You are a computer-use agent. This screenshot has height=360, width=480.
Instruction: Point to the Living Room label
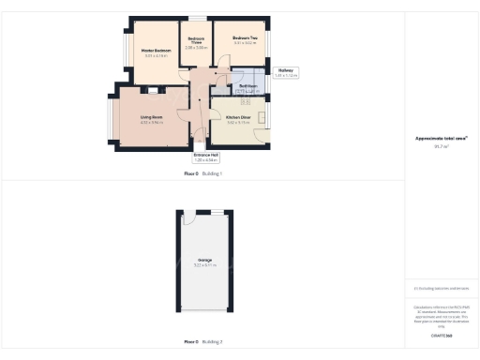click(151, 117)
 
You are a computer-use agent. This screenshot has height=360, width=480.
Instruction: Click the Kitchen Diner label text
click(239, 117)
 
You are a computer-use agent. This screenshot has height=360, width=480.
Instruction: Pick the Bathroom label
click(247, 86)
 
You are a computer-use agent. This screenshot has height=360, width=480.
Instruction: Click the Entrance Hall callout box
click(205, 157)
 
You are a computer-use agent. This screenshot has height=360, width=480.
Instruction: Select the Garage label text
click(204, 260)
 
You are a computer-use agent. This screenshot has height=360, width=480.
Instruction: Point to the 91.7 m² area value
click(442, 146)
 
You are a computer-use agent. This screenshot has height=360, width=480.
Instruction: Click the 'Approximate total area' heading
click(442, 139)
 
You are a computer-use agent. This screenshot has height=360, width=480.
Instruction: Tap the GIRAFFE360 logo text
click(442, 335)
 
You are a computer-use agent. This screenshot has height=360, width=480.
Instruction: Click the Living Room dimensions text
click(151, 123)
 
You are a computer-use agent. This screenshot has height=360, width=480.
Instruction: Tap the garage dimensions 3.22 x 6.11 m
click(204, 265)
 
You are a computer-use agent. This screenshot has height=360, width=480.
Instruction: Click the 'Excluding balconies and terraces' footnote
click(442, 288)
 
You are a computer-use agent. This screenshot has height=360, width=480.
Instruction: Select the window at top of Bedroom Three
click(196, 19)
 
